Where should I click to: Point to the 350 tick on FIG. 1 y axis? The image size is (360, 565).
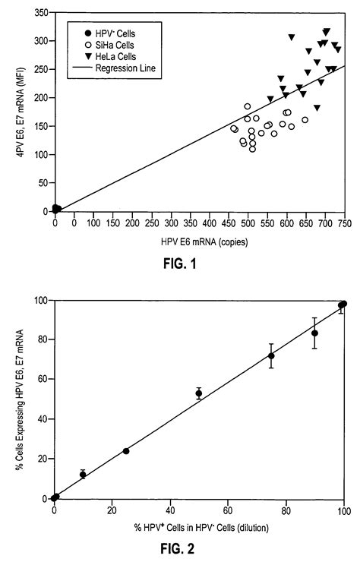(39, 14)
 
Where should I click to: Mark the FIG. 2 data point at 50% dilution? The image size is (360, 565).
(199, 393)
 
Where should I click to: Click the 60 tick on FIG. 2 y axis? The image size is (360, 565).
(43, 379)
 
